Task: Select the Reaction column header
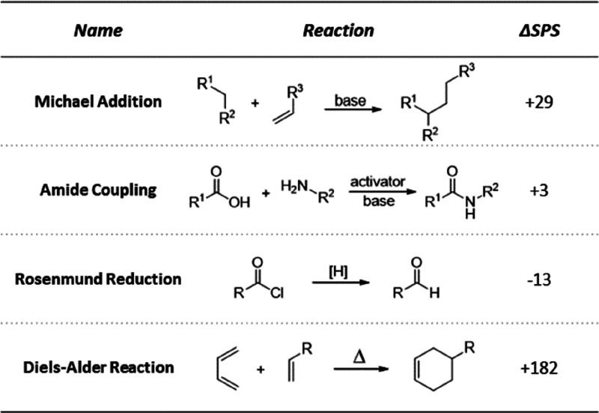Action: pos(338,31)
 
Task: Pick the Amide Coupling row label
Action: pos(97,190)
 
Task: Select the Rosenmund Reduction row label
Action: pos(97,279)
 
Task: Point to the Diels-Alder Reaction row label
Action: pos(97,367)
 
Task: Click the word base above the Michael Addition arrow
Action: pos(350,97)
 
